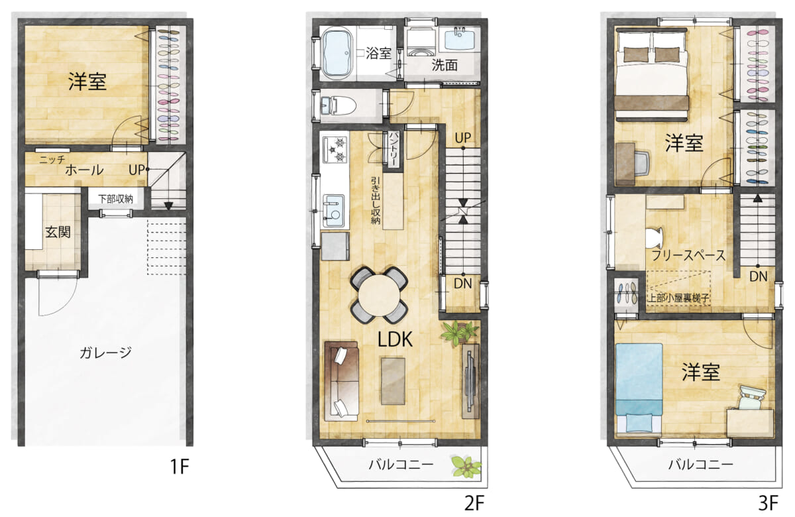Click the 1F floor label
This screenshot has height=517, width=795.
[180, 467]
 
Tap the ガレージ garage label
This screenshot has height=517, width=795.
[106, 353]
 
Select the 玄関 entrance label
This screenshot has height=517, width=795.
[58, 232]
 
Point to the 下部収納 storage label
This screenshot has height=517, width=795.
[116, 199]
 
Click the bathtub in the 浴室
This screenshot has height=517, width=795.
[337, 54]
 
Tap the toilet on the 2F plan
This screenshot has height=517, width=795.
[339, 105]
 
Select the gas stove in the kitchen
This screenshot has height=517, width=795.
[335, 150]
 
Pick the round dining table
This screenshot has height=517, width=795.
[379, 296]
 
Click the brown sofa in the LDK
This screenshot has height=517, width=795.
[341, 381]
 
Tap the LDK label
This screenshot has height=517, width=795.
[395, 339]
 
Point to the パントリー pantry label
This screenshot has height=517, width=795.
[394, 150]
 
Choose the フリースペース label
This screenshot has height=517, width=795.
[688, 255]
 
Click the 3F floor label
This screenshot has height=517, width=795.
[768, 502]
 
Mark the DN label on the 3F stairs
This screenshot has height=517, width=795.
[758, 276]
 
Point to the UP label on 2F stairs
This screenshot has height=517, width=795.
[463, 138]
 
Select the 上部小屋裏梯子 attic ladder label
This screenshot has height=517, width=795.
[678, 298]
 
